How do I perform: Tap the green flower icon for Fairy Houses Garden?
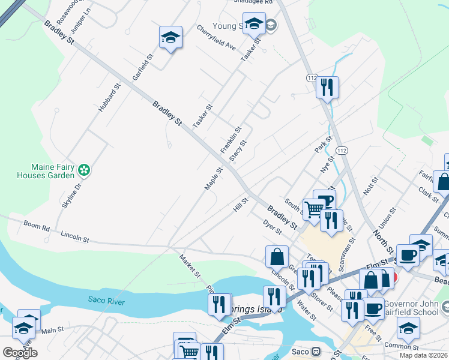[x=85, y=170]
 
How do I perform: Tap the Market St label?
[x=189, y=266]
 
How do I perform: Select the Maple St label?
[x=214, y=179]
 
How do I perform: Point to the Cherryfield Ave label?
[x=216, y=37]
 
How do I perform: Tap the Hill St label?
[x=241, y=205]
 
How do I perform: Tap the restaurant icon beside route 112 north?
[x=327, y=86]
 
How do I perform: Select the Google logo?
[x=19, y=353]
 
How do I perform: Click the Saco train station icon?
[x=315, y=352]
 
